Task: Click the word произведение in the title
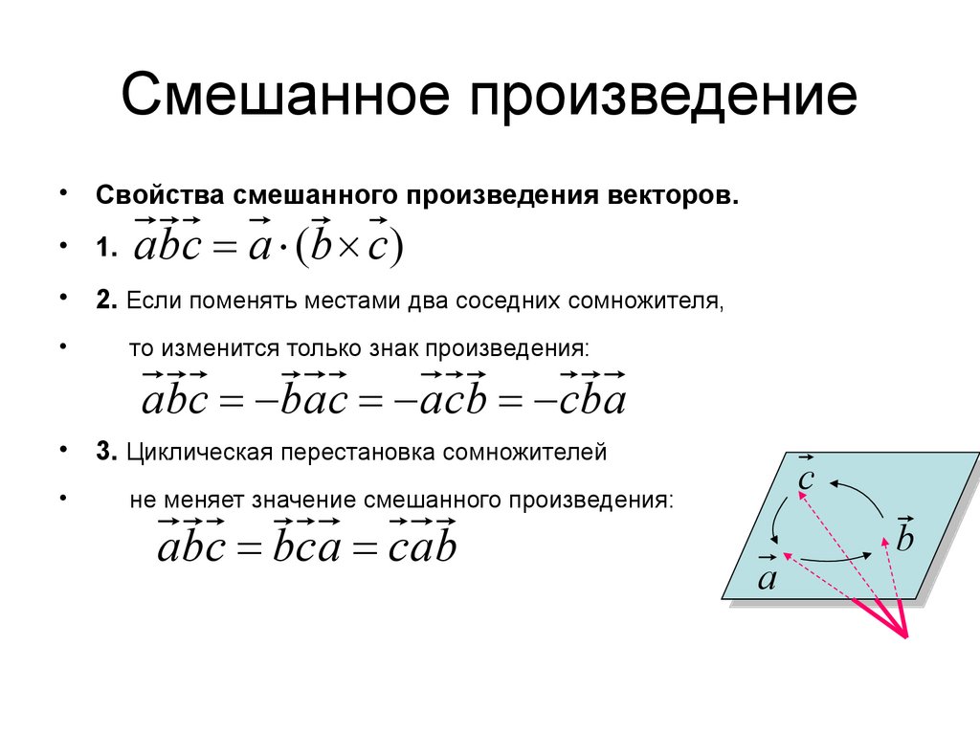point(666,99)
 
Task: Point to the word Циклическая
point(198,452)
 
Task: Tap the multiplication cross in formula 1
point(347,248)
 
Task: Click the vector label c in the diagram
point(805,477)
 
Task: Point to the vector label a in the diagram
point(767,576)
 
